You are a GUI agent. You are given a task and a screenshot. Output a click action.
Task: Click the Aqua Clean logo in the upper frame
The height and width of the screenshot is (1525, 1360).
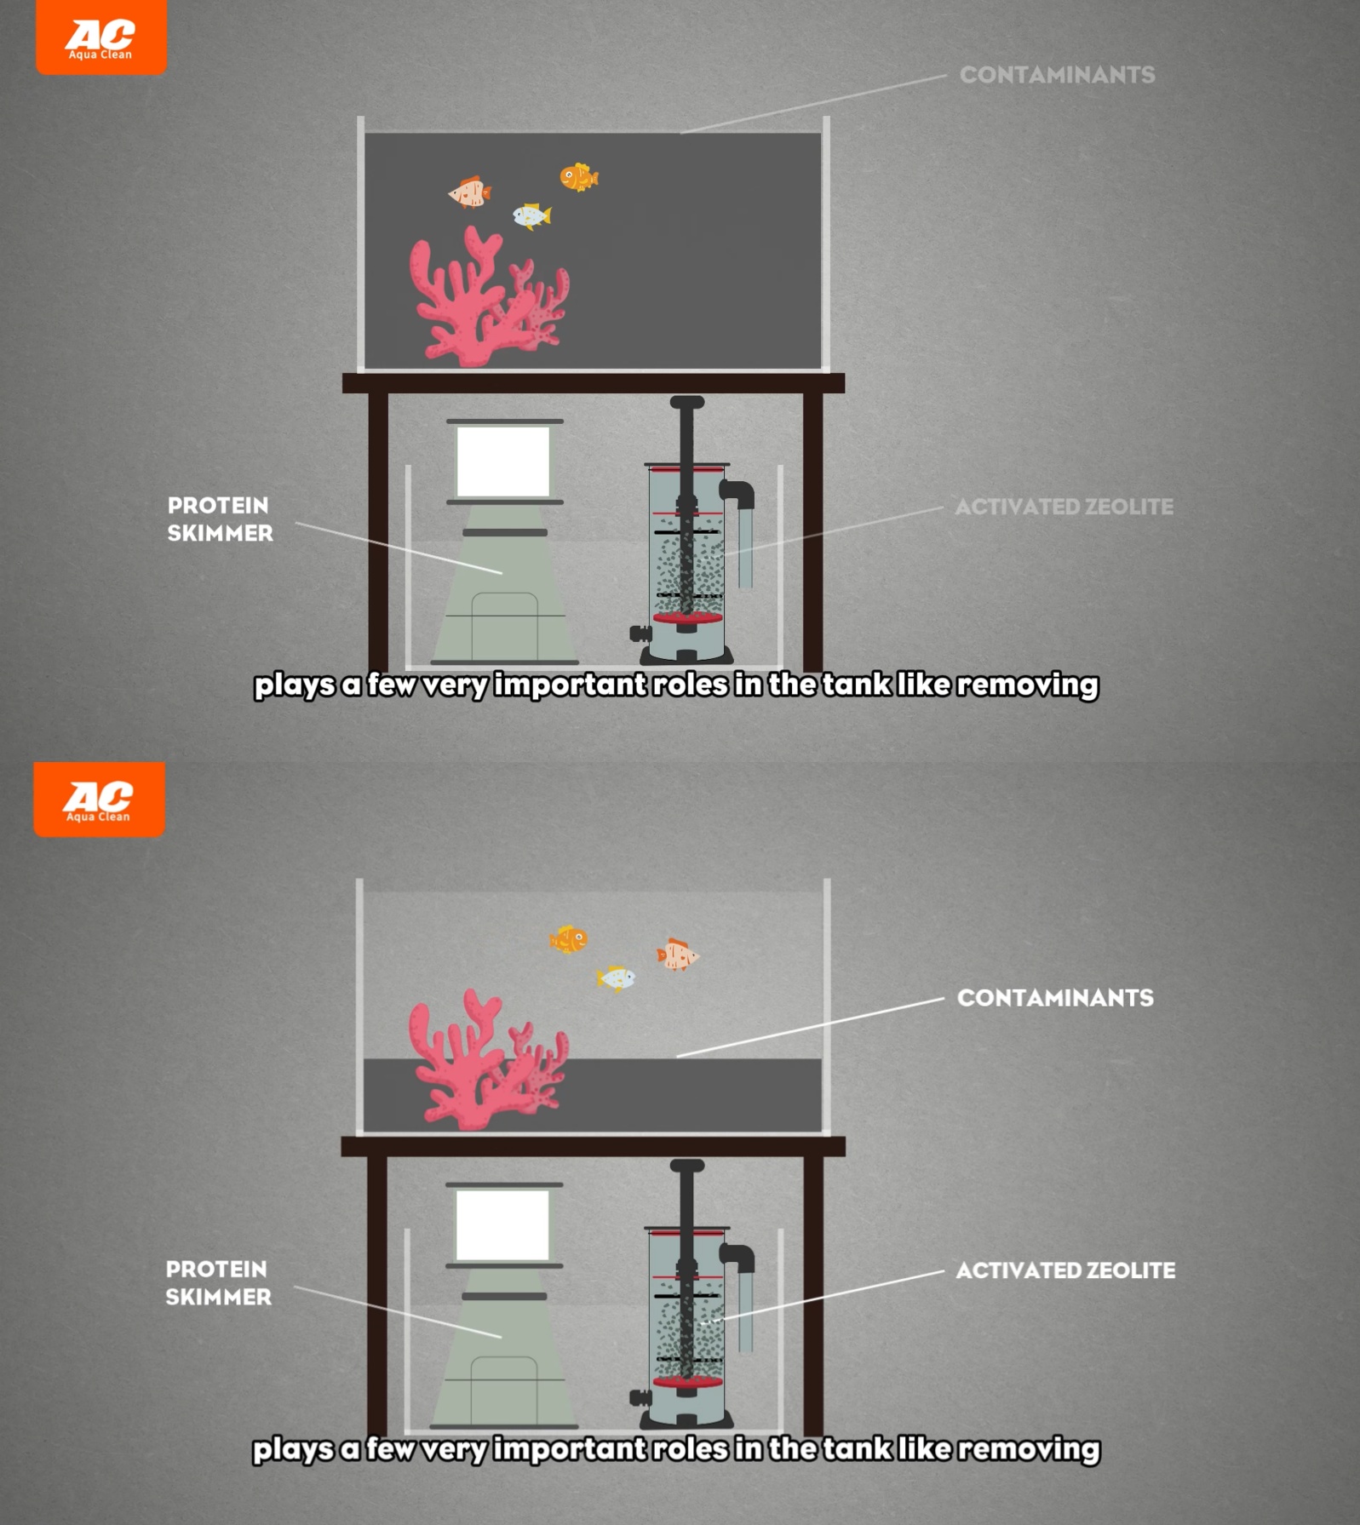[101, 37]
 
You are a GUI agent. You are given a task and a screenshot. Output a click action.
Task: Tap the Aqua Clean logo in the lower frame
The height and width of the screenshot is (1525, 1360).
[100, 799]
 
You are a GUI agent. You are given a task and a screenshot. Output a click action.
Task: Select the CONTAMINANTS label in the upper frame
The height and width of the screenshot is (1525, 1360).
[1057, 75]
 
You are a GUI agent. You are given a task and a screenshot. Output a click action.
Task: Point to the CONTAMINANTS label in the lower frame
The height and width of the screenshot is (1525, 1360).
[1055, 998]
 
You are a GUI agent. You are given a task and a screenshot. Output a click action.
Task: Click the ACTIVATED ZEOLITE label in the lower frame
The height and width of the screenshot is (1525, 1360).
[1065, 1270]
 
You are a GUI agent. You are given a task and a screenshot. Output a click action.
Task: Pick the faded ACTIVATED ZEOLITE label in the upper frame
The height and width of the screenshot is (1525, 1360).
[1064, 507]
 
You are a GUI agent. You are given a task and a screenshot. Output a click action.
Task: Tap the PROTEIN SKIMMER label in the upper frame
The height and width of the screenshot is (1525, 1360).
[220, 519]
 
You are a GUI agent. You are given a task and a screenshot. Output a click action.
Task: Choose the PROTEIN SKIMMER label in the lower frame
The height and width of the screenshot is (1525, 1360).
[218, 1283]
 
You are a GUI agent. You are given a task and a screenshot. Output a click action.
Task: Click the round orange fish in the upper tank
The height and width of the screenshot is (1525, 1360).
[579, 177]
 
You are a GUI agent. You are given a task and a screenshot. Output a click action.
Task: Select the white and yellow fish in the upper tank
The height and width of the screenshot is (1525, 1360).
[531, 216]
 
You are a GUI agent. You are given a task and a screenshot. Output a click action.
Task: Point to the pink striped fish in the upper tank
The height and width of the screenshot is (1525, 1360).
[469, 192]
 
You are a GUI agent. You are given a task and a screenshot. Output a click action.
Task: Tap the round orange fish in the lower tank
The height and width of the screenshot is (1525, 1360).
[569, 939]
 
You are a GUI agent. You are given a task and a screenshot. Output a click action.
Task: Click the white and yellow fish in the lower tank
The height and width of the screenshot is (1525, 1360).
[616, 978]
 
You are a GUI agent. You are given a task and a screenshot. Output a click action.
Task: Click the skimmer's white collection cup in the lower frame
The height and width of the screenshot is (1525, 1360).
[502, 1225]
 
